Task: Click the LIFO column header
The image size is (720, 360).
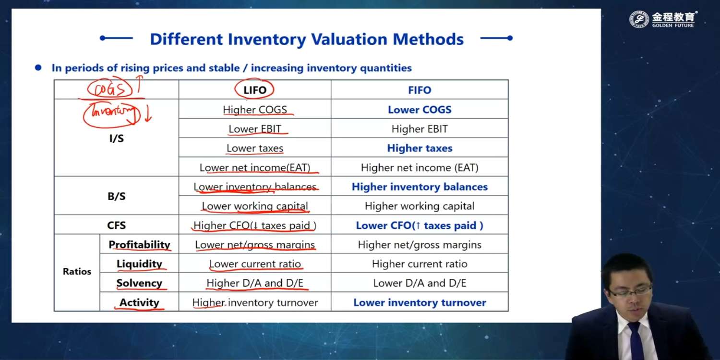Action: tap(255, 90)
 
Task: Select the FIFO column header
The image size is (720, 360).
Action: tap(420, 90)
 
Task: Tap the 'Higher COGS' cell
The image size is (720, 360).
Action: tap(255, 109)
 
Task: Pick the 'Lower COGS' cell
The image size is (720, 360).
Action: tap(420, 109)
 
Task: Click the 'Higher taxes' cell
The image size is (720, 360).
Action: tap(420, 148)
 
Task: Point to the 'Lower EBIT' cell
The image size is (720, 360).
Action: tap(255, 129)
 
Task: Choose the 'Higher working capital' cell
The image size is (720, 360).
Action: tap(420, 206)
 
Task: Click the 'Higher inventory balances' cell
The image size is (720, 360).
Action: tap(420, 187)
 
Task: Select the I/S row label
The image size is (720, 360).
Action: tap(116, 139)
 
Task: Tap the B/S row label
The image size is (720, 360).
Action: tap(116, 196)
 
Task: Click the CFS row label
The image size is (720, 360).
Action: tap(116, 225)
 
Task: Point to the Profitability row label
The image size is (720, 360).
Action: tap(139, 245)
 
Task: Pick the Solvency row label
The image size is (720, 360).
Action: tap(139, 283)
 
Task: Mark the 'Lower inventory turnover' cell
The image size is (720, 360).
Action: tap(420, 302)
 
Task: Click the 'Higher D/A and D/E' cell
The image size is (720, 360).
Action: tap(255, 283)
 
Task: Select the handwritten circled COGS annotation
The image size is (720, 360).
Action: tap(109, 88)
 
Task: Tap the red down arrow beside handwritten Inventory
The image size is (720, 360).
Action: tap(148, 114)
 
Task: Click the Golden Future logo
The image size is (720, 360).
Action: tap(663, 19)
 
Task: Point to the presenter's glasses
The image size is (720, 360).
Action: tap(629, 291)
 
